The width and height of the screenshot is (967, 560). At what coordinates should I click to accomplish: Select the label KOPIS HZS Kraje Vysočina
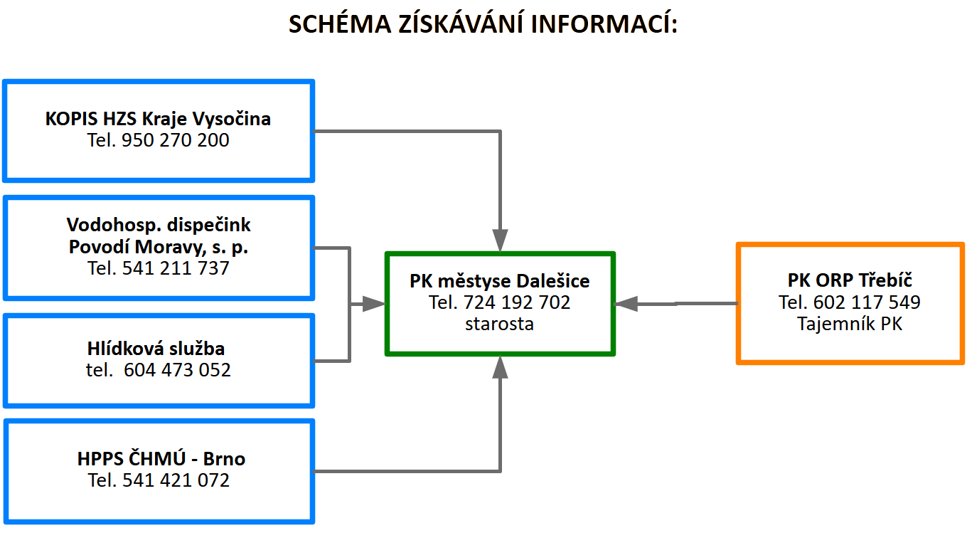click(158, 118)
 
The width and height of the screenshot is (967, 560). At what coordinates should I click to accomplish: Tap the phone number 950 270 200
click(176, 140)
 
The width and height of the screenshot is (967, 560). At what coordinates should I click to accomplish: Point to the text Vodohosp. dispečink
click(159, 225)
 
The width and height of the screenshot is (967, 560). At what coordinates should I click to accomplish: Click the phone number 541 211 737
click(176, 268)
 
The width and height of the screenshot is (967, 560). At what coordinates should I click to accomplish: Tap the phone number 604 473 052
click(177, 370)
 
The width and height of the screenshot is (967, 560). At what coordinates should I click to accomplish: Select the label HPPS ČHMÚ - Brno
click(161, 458)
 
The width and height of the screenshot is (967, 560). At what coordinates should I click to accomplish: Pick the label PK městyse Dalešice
click(500, 281)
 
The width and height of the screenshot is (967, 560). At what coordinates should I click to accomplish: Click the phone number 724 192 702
click(517, 302)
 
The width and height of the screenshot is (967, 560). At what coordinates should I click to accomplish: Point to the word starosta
click(500, 324)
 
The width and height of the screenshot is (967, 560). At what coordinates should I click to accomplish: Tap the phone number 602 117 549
click(867, 302)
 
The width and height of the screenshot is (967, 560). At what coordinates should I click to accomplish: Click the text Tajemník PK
click(850, 324)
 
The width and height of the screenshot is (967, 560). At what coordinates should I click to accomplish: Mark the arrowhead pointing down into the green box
click(501, 239)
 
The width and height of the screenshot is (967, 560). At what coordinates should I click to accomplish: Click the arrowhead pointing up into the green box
click(501, 367)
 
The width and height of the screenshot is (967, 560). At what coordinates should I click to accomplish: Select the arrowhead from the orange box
click(626, 304)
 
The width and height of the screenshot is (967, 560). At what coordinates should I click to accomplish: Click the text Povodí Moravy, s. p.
click(159, 247)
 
